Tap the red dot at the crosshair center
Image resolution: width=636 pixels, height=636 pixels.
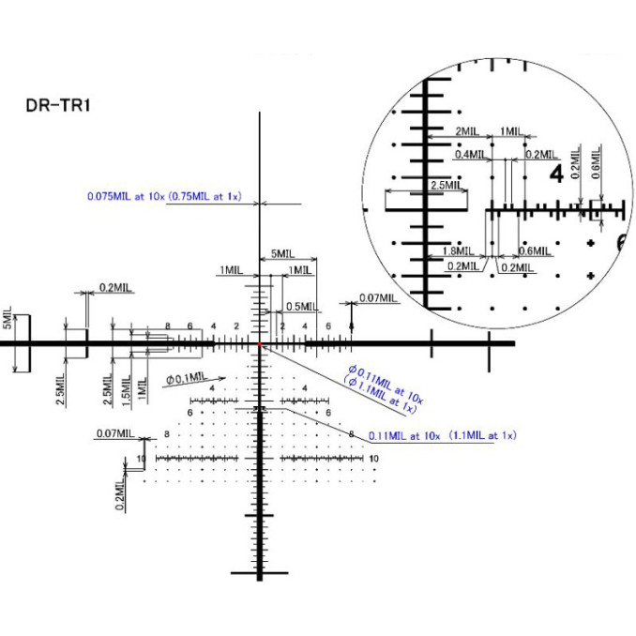point(260,344)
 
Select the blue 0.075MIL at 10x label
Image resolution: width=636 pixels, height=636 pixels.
point(165,197)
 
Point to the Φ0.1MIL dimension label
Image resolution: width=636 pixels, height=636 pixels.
point(186,379)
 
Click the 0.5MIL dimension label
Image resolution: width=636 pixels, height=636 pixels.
point(301,307)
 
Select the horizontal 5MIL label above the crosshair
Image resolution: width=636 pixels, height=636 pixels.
point(282,254)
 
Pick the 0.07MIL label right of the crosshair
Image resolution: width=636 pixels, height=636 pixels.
point(378,298)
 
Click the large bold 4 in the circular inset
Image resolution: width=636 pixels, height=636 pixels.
point(555,174)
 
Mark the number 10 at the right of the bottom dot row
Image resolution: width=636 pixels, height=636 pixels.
point(373,458)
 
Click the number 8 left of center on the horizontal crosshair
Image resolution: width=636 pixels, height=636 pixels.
point(168,326)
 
